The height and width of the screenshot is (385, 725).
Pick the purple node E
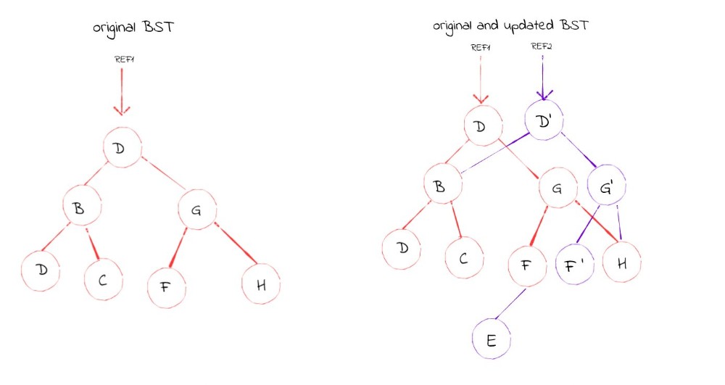492,339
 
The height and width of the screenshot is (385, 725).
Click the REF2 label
541,47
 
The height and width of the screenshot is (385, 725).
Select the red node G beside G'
558,191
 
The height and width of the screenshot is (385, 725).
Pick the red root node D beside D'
480,128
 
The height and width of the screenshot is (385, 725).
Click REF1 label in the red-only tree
124,59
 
